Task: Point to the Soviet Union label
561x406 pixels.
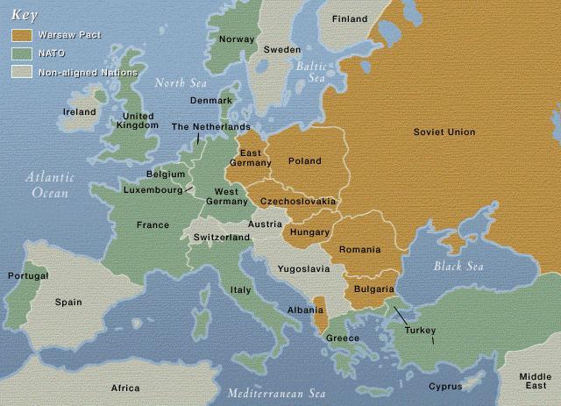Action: tap(444, 132)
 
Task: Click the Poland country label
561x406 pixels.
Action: tap(304, 161)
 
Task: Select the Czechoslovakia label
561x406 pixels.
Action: tap(299, 202)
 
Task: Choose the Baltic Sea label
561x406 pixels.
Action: tap(310, 72)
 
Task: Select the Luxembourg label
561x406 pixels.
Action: tap(153, 189)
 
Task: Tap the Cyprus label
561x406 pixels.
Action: tap(445, 386)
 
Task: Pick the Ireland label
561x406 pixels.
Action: tap(79, 112)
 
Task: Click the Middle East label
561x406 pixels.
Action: tap(534, 381)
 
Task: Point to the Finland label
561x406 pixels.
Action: tap(350, 18)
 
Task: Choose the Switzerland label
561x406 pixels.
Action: tap(222, 238)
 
